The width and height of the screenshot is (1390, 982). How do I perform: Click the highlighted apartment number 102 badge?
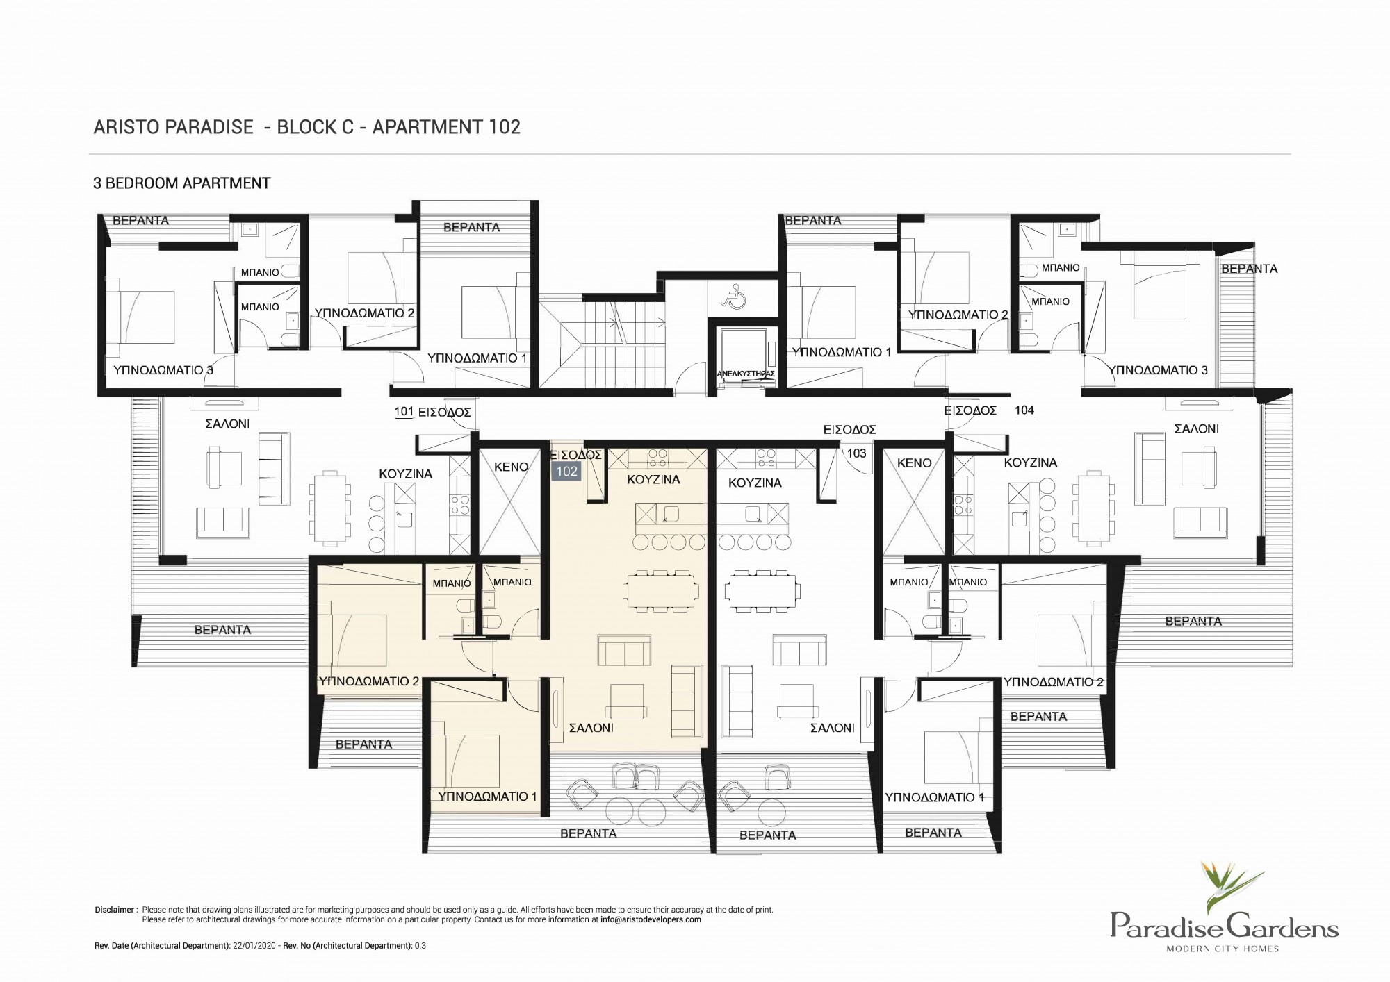tap(566, 472)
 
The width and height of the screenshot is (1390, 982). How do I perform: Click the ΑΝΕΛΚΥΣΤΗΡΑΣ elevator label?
tap(745, 374)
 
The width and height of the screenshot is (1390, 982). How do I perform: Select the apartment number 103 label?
tap(856, 453)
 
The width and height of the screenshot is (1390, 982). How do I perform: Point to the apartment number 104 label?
tap(1024, 410)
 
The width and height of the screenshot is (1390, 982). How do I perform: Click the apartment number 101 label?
tap(404, 412)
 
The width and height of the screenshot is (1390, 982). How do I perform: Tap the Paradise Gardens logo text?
tap(1224, 926)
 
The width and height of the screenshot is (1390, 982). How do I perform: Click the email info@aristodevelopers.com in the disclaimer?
tap(651, 919)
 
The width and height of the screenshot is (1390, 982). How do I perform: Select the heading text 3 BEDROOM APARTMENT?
tap(182, 183)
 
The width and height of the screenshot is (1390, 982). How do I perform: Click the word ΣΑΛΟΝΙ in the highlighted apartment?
tap(591, 728)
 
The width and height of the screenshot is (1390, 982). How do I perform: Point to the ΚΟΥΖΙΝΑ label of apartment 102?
tap(653, 480)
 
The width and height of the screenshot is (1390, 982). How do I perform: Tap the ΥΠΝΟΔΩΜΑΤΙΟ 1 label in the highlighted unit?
tap(487, 797)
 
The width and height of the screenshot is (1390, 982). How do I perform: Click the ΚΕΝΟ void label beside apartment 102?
tap(512, 467)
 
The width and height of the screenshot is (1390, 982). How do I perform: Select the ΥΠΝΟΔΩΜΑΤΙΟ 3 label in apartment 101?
tap(163, 370)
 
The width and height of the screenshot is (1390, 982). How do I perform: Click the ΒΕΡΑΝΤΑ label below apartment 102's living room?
tap(589, 833)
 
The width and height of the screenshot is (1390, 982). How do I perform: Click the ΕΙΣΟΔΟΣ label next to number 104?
tap(970, 410)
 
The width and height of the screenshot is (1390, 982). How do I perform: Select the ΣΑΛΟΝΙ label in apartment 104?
tap(1197, 429)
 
